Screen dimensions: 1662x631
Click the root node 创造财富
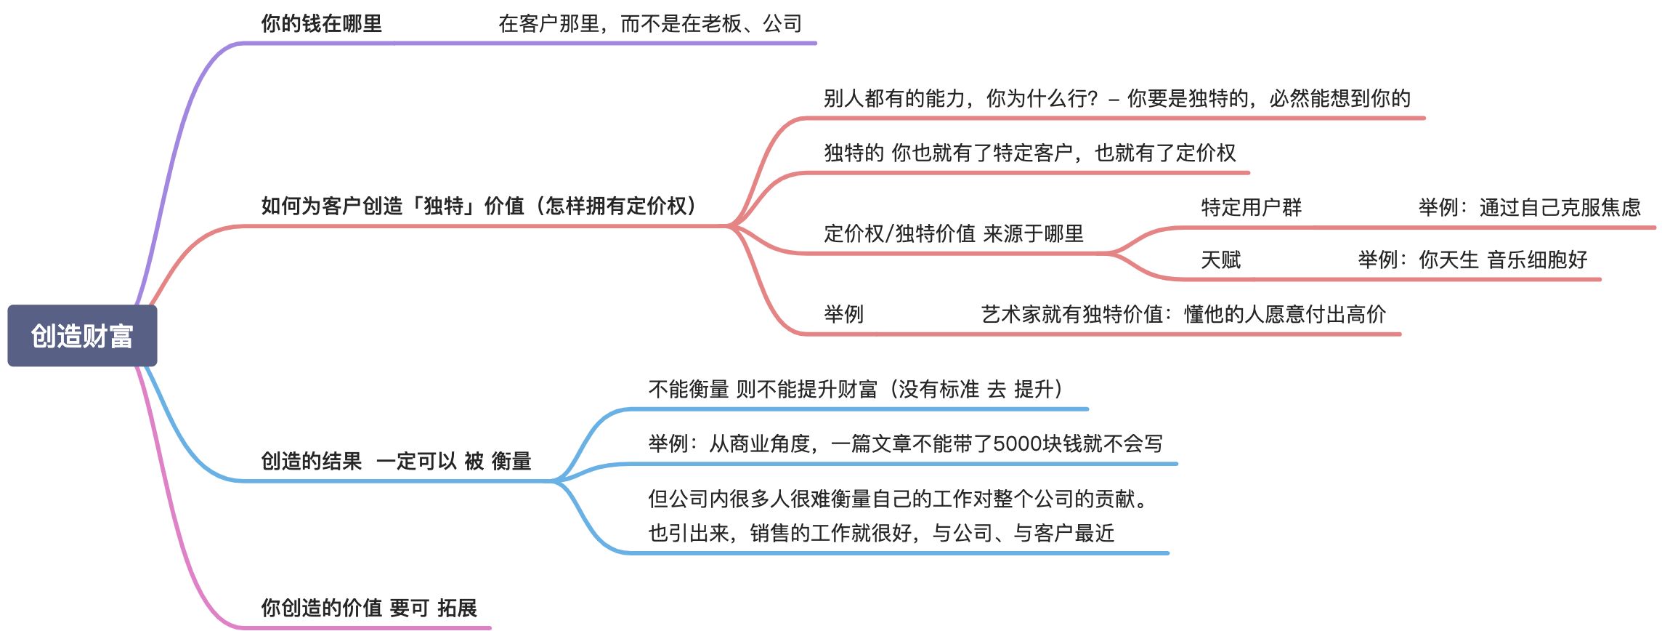[x=82, y=336]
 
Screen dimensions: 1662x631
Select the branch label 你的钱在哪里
[x=321, y=24]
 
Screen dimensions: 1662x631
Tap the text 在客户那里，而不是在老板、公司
[x=649, y=24]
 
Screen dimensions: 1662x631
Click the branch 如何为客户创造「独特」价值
[x=479, y=206]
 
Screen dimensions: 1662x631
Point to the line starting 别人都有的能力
[x=1116, y=99]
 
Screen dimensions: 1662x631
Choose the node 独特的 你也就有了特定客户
[x=1029, y=153]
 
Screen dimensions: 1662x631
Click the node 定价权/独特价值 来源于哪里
[x=953, y=234]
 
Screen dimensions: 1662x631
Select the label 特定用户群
[x=1251, y=208]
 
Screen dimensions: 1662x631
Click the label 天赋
[x=1220, y=260]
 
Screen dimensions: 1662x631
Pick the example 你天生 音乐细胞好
[x=1472, y=260]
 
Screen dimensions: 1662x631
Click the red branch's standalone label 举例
[x=843, y=315]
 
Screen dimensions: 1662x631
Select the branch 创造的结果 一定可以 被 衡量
[x=396, y=462]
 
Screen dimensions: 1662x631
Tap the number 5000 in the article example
[x=1018, y=444]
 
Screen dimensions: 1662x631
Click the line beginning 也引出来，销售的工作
[x=880, y=534]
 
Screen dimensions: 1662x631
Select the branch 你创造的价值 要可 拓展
[x=368, y=608]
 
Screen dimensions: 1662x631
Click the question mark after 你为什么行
[x=1093, y=99]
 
